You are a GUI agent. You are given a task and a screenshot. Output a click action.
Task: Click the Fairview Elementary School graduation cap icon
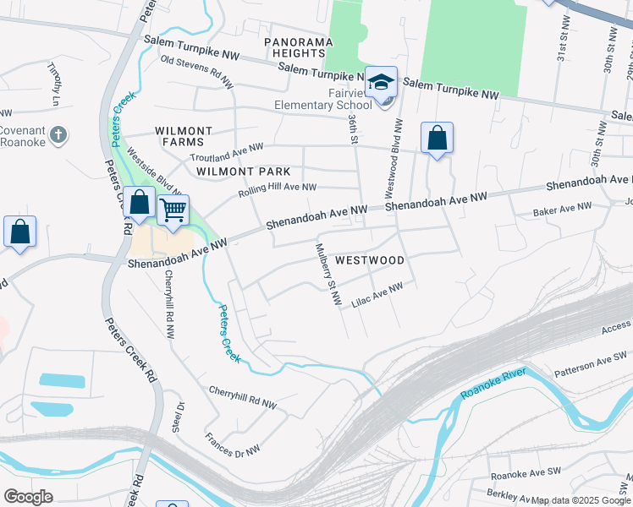(x=382, y=83)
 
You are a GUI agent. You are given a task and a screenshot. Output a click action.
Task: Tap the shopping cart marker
(x=173, y=209)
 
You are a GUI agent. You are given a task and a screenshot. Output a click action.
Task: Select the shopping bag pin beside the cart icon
(x=140, y=204)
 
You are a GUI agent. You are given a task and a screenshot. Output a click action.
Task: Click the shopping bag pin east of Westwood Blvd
(x=437, y=139)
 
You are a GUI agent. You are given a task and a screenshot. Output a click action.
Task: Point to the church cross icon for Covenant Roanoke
(x=58, y=134)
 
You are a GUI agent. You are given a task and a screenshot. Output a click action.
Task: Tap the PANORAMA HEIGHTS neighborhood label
(x=293, y=46)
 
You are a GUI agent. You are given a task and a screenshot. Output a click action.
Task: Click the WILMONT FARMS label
(x=184, y=137)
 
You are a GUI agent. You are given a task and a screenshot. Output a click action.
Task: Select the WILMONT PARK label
(x=243, y=171)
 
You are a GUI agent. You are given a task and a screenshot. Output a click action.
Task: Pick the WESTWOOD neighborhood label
(x=370, y=260)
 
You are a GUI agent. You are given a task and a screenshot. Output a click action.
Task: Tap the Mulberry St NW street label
(x=328, y=275)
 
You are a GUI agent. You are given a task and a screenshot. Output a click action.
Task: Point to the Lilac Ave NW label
(x=377, y=295)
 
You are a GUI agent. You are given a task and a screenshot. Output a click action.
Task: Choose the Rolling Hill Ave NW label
(x=277, y=188)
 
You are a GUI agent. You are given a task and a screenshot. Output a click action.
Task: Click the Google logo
(x=28, y=497)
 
